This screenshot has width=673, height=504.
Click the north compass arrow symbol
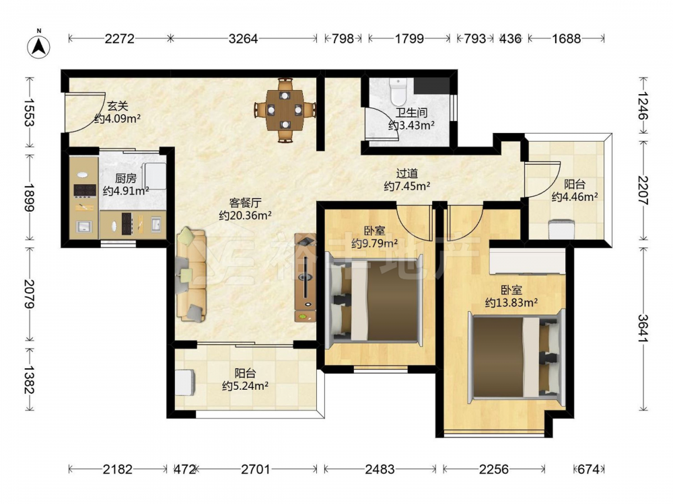click(x=38, y=46)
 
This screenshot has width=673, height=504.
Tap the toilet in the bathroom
click(x=398, y=91)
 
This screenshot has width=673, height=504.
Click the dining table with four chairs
click(x=285, y=110)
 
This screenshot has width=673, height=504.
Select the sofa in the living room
click(x=191, y=275)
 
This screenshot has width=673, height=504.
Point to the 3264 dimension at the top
click(x=243, y=39)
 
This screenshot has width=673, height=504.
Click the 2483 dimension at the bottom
click(x=380, y=469)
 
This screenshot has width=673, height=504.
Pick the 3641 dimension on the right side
click(x=643, y=329)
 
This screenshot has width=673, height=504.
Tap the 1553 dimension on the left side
click(x=30, y=112)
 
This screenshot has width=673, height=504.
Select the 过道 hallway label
click(x=407, y=173)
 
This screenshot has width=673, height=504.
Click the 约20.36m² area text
click(x=245, y=215)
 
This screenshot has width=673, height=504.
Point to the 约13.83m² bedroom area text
click(x=511, y=302)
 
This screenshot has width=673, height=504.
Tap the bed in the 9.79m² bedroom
click(x=374, y=299)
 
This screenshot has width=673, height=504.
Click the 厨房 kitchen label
click(x=126, y=178)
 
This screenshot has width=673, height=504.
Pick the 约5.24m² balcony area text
click(x=245, y=386)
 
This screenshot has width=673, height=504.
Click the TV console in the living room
click(x=305, y=278)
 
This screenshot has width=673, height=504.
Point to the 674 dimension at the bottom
click(x=588, y=469)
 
